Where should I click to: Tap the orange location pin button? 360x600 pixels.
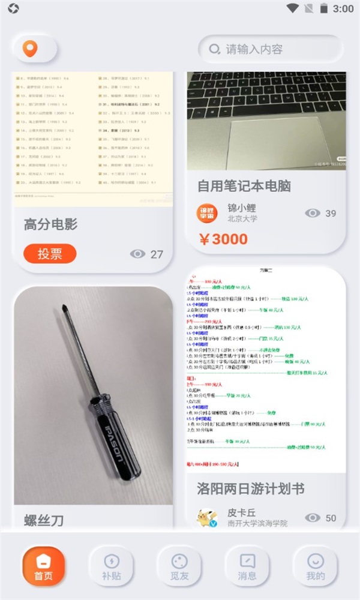tap(30, 49)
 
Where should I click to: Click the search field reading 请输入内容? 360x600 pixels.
tap(270, 49)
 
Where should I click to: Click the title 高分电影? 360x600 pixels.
tap(50, 224)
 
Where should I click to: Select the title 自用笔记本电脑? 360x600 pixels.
tap(244, 186)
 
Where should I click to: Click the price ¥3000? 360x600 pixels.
tap(223, 239)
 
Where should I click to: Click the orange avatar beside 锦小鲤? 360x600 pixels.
tap(207, 213)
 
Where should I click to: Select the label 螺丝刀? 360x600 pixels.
tap(44, 520)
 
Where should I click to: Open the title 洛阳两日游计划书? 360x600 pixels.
tap(251, 488)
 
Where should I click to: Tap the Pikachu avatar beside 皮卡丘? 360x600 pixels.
tap(207, 518)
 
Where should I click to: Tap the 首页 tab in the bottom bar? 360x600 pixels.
tap(43, 567)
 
